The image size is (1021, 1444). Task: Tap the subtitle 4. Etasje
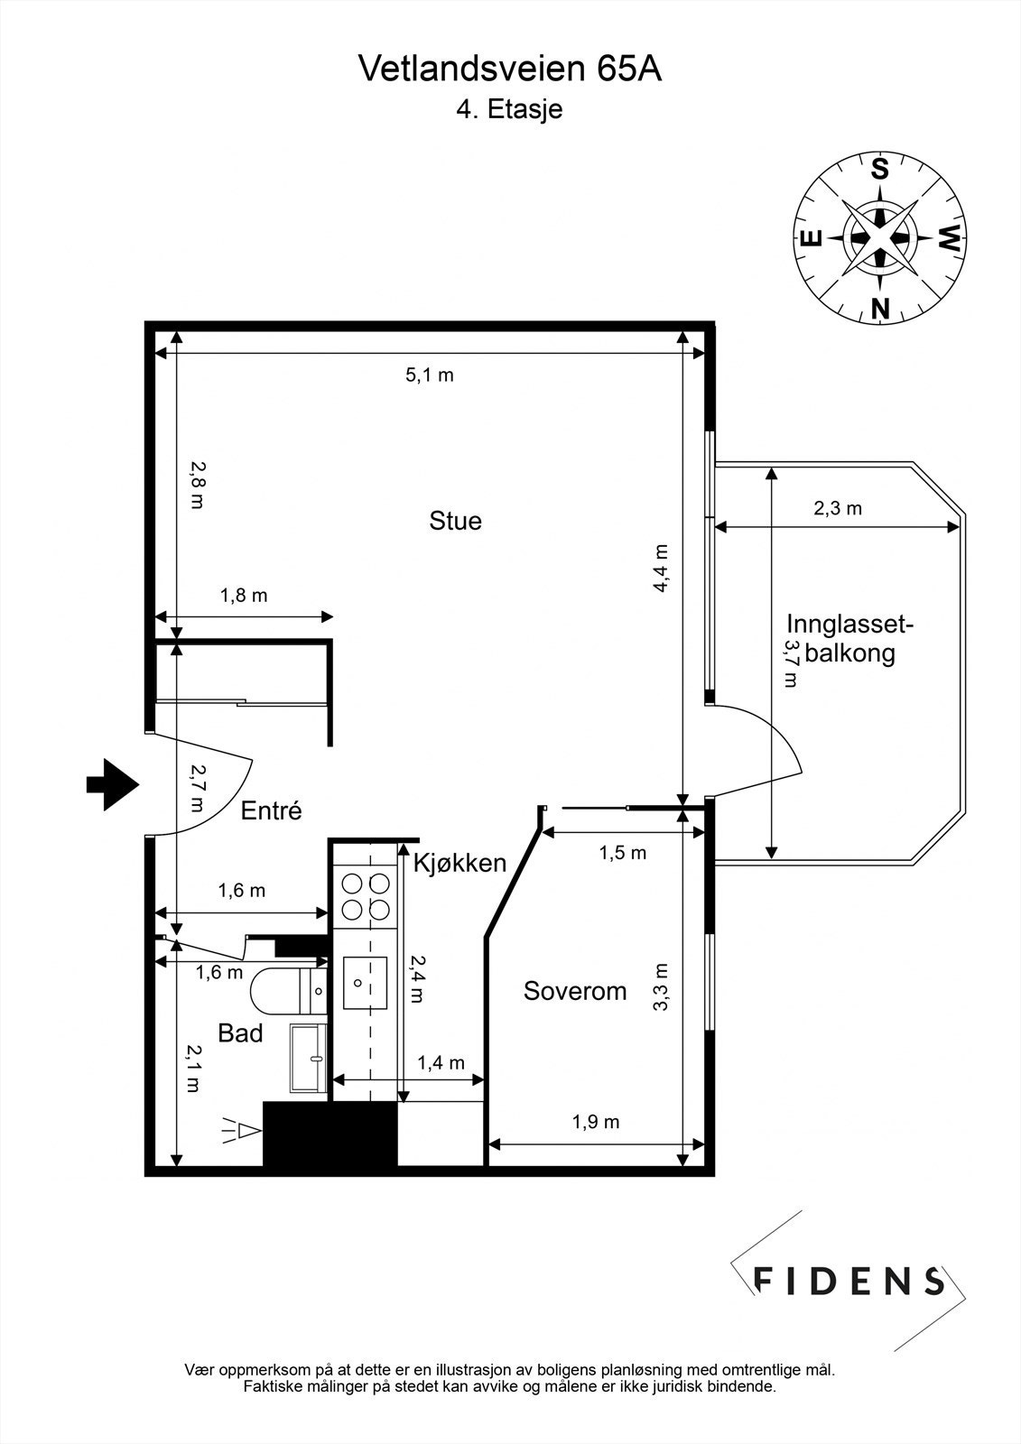pos(510,110)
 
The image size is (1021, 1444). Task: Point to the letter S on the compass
pos(879,170)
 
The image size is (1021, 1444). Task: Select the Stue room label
pos(455,521)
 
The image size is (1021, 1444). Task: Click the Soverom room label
pos(575,991)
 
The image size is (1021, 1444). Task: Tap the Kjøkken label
pos(459,864)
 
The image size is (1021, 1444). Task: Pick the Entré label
pos(271,810)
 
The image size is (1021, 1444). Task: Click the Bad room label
pos(240,1033)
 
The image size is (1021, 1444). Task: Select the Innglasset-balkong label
pos(849,638)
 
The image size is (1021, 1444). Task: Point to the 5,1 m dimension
pos(430,375)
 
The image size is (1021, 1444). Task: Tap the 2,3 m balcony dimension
pos(838,508)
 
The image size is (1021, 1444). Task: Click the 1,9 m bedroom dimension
pos(596,1122)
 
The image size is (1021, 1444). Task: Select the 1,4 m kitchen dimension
pos(441,1063)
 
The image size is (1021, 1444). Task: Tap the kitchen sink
pos(365,984)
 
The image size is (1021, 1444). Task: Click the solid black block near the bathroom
pos(330,1134)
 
